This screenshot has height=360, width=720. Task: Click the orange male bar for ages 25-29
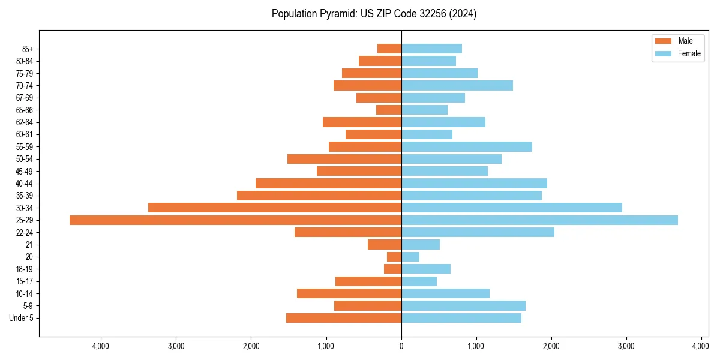235,220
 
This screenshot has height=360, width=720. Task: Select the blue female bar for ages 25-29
539,220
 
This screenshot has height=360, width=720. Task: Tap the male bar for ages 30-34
275,208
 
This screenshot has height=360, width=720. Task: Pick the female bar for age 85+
431,49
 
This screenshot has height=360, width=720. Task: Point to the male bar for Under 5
344,318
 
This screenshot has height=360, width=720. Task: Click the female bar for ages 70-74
457,86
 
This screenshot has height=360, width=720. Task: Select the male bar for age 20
394,257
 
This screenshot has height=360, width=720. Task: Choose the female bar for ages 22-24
478,232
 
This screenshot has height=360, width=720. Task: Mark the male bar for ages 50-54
344,159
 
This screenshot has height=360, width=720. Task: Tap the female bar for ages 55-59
467,147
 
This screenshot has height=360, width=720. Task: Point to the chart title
374,14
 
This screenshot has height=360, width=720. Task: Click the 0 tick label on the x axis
401,346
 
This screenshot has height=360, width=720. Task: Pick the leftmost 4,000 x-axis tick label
101,346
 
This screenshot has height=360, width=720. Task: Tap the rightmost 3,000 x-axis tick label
626,346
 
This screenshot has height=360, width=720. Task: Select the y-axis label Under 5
22,318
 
